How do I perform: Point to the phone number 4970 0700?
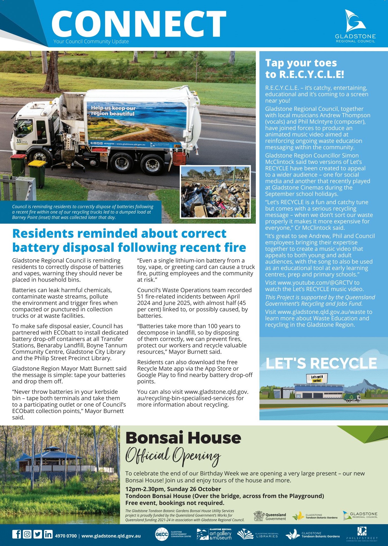click(x=66, y=536)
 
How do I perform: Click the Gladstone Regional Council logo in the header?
click(x=355, y=26)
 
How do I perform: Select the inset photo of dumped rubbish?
click(x=215, y=192)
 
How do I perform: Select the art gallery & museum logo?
click(x=214, y=534)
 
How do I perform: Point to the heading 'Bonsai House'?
click(x=183, y=438)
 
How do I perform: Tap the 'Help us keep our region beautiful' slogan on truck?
click(x=113, y=111)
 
